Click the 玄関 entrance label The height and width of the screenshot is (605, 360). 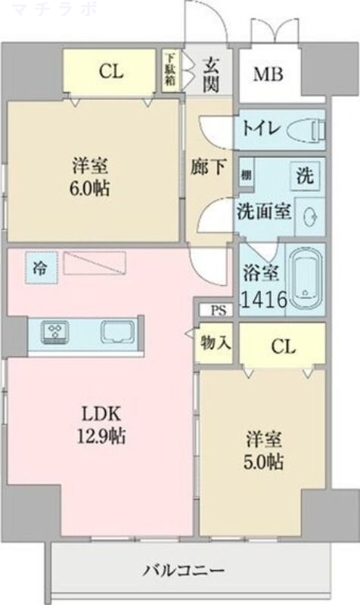[211, 73]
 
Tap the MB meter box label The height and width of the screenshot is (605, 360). [268, 75]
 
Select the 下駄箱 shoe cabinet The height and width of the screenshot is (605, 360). [172, 71]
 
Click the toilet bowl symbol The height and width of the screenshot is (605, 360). [310, 131]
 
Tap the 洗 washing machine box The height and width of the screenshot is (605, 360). [305, 176]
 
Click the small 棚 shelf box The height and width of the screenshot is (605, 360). [247, 175]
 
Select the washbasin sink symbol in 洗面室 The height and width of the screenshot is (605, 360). [309, 216]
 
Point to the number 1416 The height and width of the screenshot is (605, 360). [262, 299]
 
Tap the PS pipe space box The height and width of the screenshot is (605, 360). [218, 309]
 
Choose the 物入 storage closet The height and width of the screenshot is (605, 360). [215, 343]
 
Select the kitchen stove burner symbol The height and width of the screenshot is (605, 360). [56, 330]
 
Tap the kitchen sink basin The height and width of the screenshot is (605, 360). [118, 331]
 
